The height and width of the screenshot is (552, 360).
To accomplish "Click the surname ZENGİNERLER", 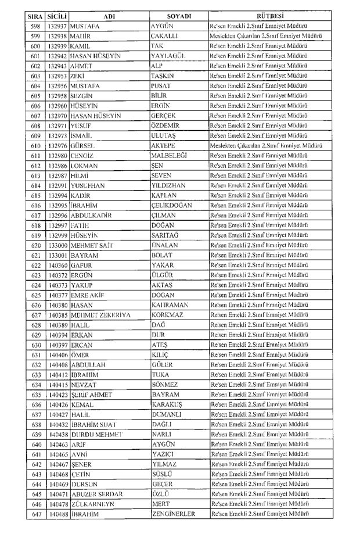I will point(173,514).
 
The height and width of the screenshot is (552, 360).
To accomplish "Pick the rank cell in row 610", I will point(266,145).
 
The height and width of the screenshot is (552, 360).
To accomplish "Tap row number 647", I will point(35,514).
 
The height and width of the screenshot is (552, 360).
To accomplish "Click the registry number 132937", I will point(58,27).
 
